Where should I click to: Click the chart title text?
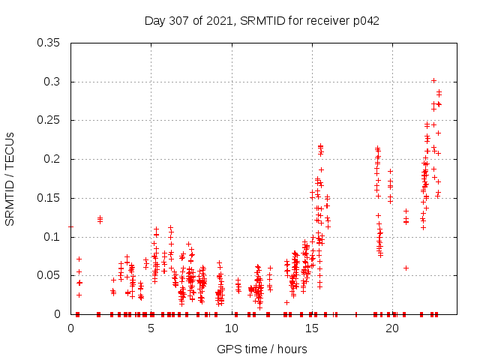(x=262, y=21)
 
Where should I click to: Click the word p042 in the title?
(x=365, y=21)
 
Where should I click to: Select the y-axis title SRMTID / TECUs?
(x=10, y=178)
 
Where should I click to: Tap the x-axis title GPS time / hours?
(x=262, y=349)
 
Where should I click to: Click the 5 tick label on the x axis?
(x=151, y=328)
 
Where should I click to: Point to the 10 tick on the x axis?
(x=232, y=328)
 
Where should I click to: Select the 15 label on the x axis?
(x=312, y=328)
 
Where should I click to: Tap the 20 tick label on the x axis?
(x=392, y=328)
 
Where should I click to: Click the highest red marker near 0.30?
(x=433, y=80)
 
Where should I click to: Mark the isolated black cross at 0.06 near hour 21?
(x=406, y=268)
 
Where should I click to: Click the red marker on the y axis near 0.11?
(x=71, y=226)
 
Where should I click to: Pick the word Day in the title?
(x=154, y=21)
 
